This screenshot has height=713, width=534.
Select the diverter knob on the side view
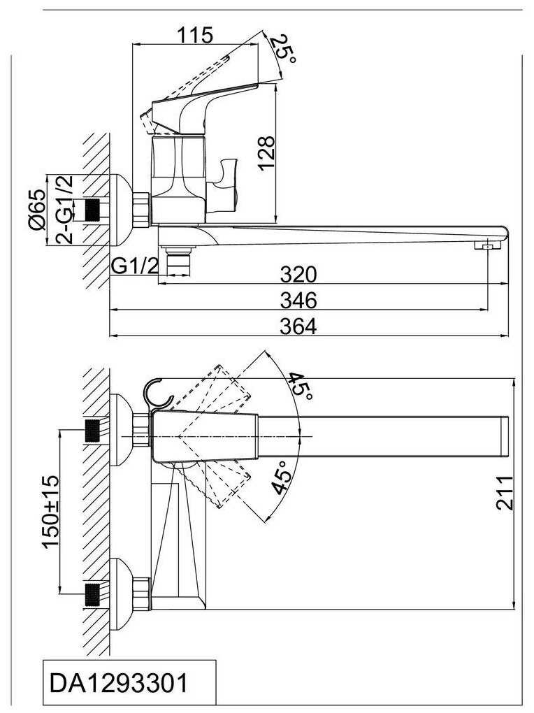pyautogui.click(x=226, y=181)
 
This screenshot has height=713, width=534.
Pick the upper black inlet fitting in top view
pyautogui.click(x=93, y=430)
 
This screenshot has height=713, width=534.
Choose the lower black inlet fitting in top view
pyautogui.click(x=93, y=593)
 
